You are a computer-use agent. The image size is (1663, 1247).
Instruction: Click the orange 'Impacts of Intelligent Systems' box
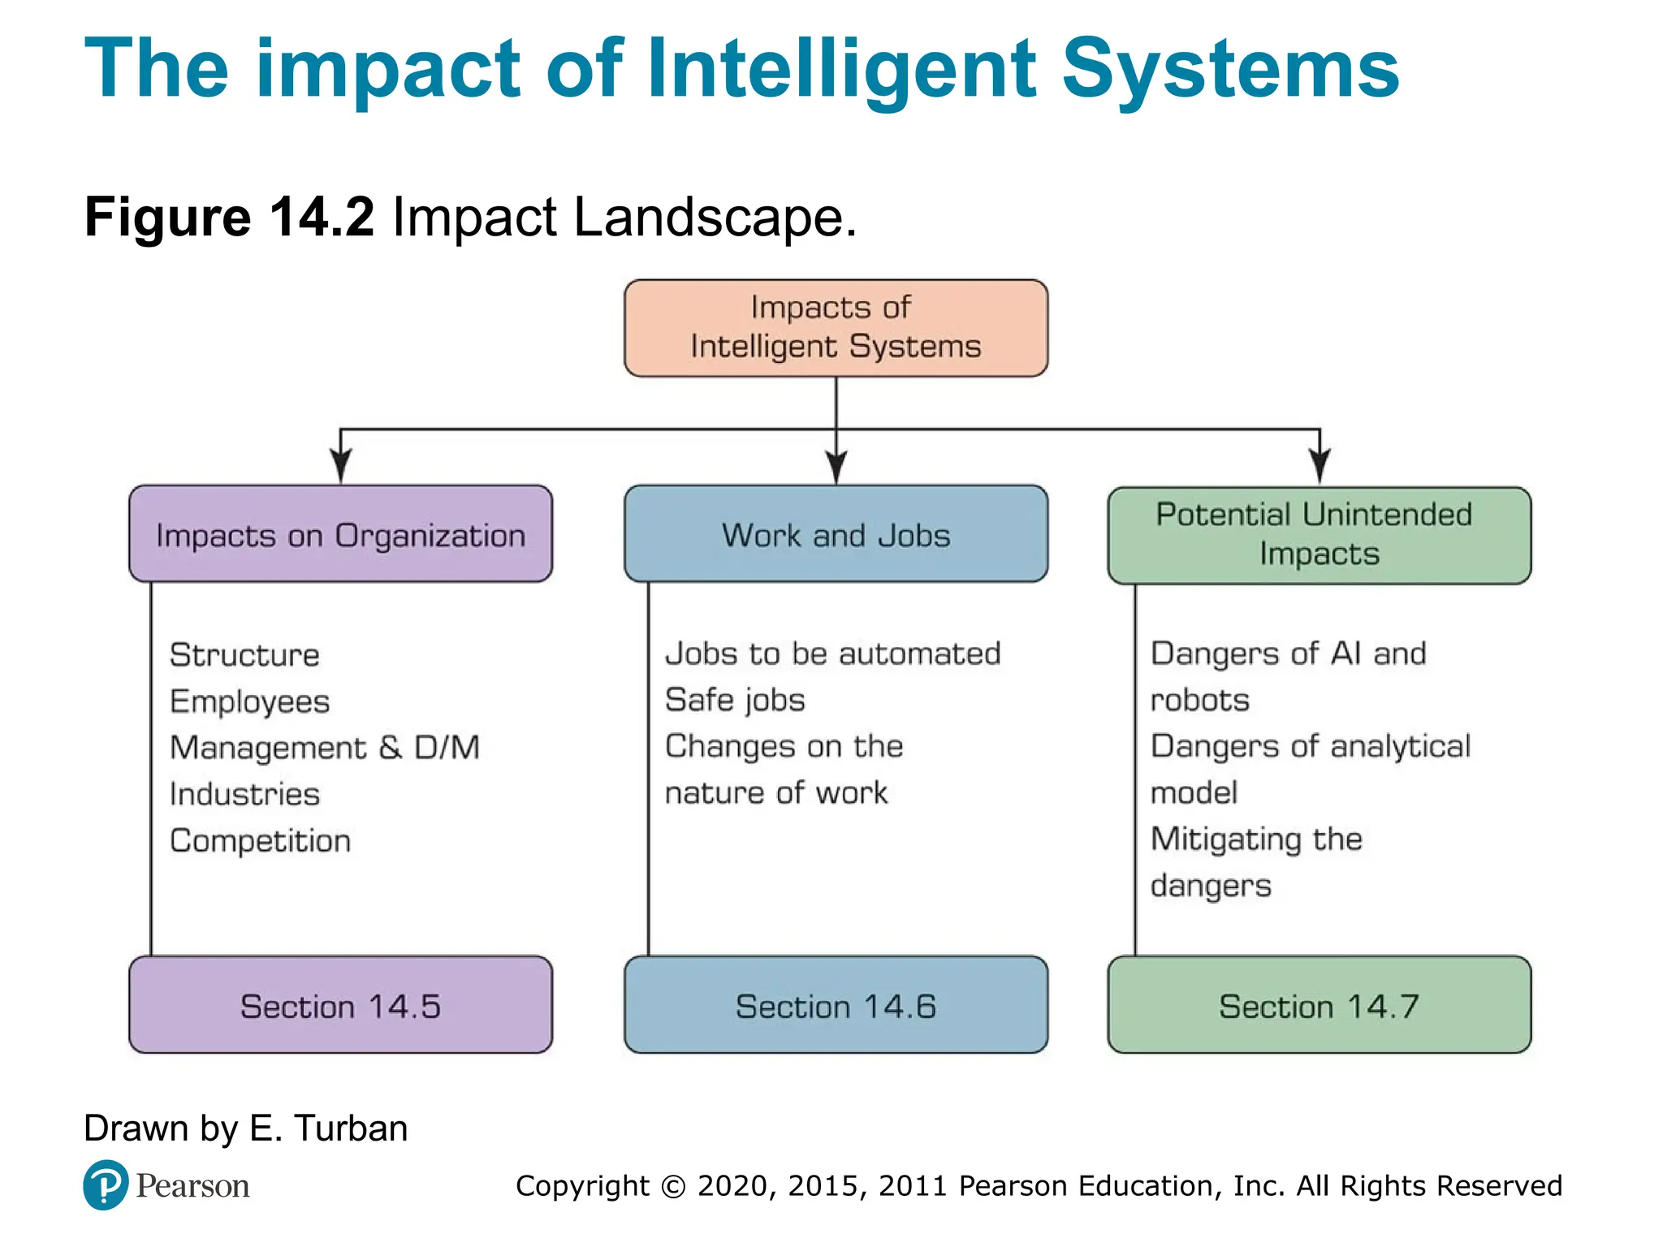(x=836, y=328)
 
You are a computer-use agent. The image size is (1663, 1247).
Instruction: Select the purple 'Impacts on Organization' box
(x=340, y=534)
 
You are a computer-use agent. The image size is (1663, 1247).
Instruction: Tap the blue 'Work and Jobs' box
(x=836, y=534)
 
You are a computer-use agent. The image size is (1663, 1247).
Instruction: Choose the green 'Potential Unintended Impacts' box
(x=1319, y=535)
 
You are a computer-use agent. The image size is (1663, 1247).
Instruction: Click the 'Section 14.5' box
(x=340, y=1005)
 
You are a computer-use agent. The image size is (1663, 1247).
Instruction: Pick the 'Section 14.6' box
(x=836, y=1005)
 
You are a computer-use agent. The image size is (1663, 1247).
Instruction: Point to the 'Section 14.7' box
(x=1319, y=1005)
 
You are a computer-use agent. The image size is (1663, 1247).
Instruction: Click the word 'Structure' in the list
(x=244, y=655)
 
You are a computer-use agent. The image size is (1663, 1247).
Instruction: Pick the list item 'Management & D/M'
(x=325, y=748)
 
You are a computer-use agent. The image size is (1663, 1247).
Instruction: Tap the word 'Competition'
(x=260, y=841)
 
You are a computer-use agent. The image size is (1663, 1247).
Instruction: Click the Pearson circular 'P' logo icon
(x=106, y=1185)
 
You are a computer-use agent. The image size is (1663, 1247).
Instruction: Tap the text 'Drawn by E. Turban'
(x=245, y=1128)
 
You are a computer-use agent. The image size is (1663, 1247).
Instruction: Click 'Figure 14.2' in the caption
(x=229, y=218)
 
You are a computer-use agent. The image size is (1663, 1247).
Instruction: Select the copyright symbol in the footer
(x=673, y=1187)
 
